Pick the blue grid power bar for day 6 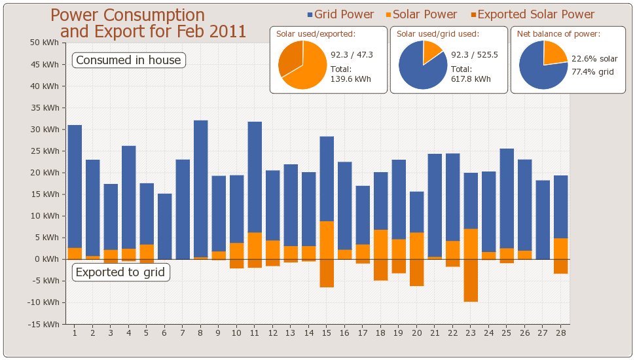[164, 226]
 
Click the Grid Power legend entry [340, 14]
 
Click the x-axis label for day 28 [560, 333]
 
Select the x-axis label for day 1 [75, 333]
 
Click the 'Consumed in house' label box [128, 60]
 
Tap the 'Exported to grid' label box [120, 272]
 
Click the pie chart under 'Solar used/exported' [302, 65]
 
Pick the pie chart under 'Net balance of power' [543, 65]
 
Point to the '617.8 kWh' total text [471, 79]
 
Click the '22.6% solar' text [594, 59]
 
